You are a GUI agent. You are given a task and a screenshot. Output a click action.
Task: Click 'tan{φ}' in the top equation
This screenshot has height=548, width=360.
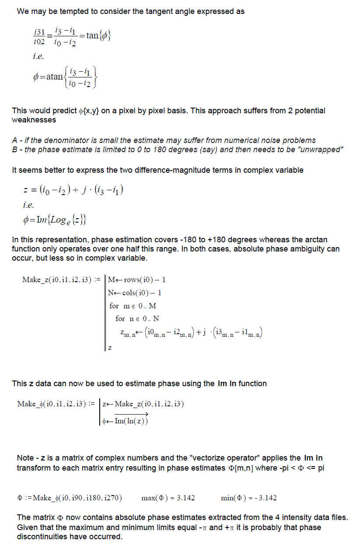coord(98,35)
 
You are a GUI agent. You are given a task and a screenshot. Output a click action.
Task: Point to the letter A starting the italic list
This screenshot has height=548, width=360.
coord(14,140)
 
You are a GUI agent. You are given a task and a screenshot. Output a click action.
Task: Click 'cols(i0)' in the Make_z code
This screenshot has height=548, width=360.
coord(137,293)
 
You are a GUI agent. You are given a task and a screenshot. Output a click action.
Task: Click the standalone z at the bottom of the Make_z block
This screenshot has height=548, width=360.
coord(109,348)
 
